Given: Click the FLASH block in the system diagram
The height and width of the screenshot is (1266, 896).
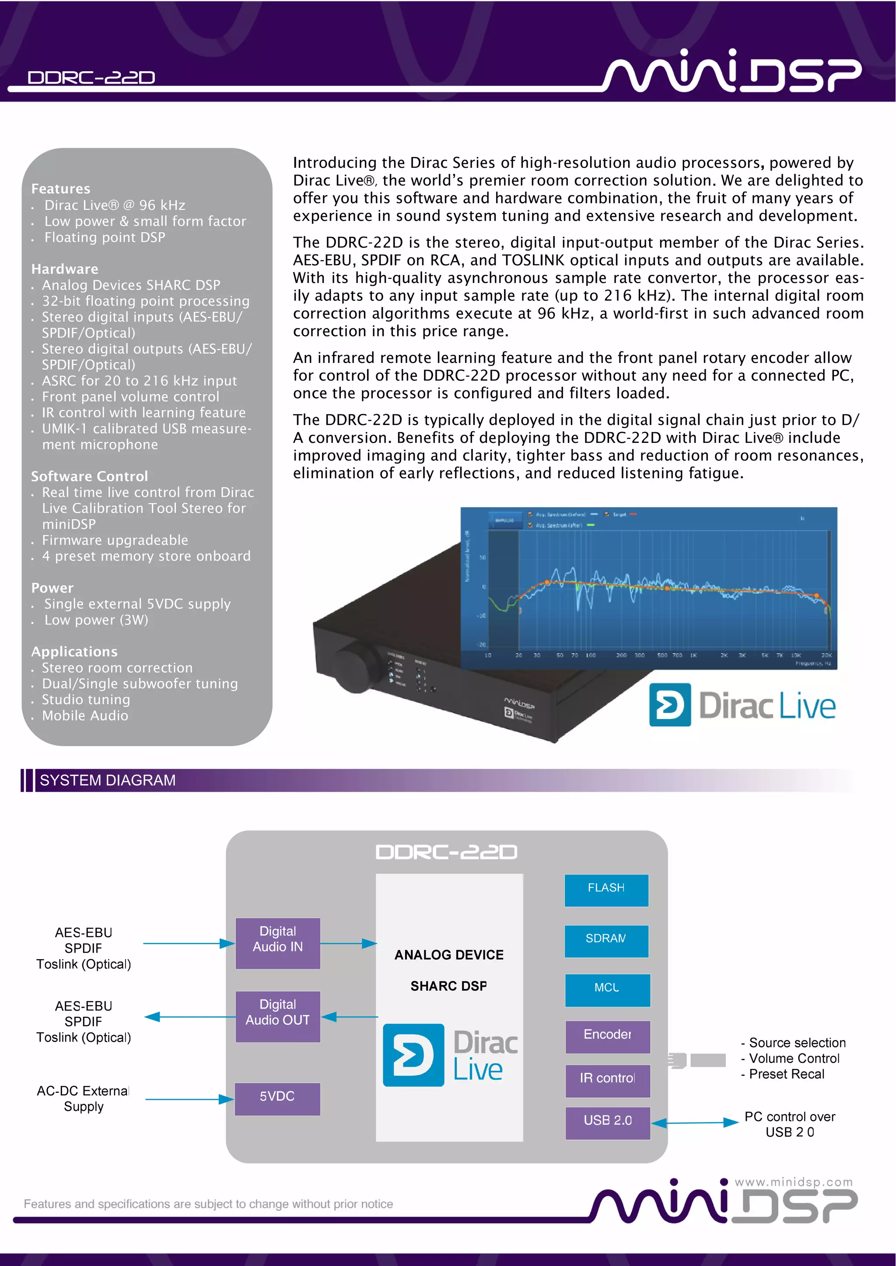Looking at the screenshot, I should tap(606, 890).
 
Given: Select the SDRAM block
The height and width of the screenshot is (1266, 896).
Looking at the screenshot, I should tap(606, 940).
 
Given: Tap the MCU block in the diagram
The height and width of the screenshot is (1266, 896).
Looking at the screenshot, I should tap(607, 989).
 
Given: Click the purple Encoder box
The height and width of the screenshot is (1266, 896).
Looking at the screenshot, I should tap(607, 1036).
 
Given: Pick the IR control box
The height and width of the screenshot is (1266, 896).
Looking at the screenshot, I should tap(607, 1080).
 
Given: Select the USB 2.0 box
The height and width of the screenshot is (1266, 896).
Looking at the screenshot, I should tap(607, 1122).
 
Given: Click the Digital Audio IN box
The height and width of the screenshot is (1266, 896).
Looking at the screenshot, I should tap(277, 943).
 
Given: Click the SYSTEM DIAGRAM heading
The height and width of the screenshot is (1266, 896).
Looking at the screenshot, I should tap(108, 780).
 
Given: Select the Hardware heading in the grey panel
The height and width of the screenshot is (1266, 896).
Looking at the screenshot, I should tap(65, 269).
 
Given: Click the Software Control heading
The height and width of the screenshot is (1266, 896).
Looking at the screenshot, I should tap(89, 476).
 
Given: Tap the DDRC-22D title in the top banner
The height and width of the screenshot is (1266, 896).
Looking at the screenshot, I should tap(91, 78).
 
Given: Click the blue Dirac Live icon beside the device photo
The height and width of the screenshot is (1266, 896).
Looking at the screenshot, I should tap(669, 704).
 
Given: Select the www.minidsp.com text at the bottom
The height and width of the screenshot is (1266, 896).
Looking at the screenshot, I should tap(793, 1182).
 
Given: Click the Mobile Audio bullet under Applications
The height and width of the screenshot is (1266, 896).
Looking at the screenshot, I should tap(85, 716).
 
